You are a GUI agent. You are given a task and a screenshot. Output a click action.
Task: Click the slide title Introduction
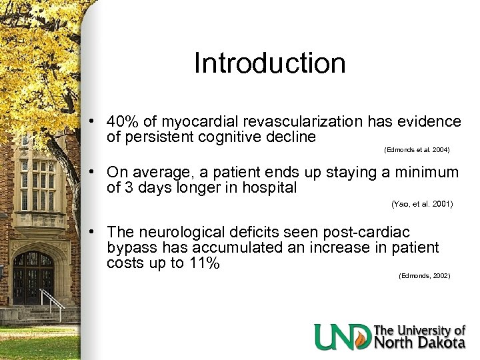pyautogui.click(x=269, y=63)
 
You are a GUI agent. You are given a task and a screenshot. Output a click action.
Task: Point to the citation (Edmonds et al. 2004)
pyautogui.click(x=417, y=149)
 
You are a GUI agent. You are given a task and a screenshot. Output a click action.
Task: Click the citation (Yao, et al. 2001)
pyautogui.click(x=421, y=205)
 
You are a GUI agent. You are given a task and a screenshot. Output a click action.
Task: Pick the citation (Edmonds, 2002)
pyautogui.click(x=424, y=275)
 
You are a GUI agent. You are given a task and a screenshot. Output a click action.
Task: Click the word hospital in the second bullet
pyautogui.click(x=269, y=188)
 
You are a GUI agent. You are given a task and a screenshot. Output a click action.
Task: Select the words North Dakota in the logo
pyautogui.click(x=419, y=343)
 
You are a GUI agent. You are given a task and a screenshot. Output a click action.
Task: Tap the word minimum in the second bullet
pyautogui.click(x=427, y=173)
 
